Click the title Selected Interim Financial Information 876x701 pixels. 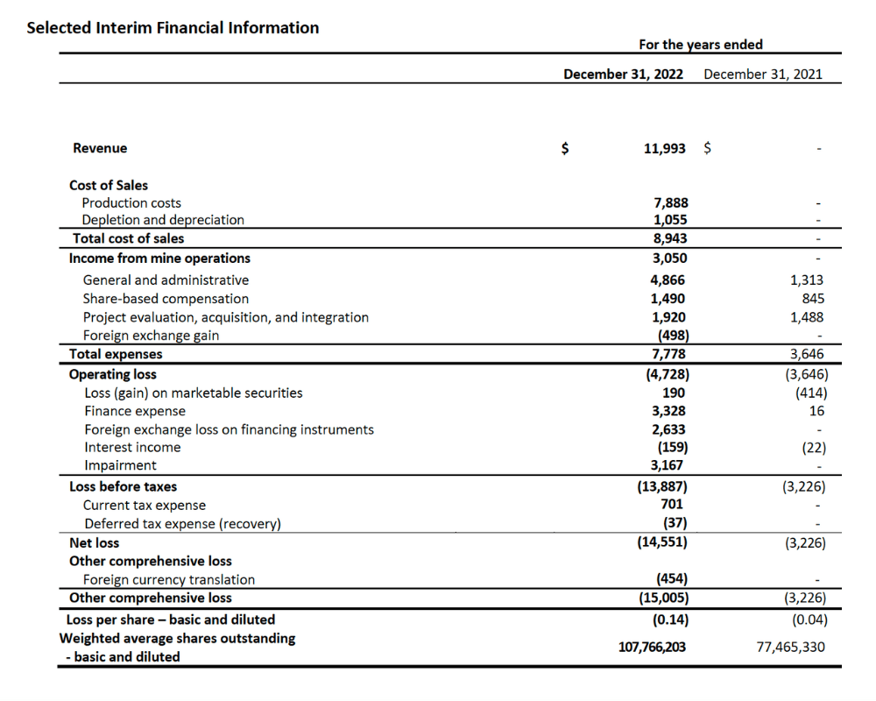tap(173, 28)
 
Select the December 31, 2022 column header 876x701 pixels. tap(623, 74)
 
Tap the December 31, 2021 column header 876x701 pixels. tap(762, 74)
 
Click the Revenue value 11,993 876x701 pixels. tap(665, 148)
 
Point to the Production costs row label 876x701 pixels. tap(131, 202)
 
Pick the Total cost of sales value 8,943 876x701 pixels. tap(670, 238)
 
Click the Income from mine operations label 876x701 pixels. tap(159, 258)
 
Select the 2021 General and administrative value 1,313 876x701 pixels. tap(806, 280)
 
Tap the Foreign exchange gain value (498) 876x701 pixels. tap(672, 335)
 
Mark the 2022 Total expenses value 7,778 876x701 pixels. tap(670, 354)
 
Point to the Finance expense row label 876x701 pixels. tap(135, 411)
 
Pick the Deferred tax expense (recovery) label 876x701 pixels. tap(182, 524)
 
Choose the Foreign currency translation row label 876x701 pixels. tap(169, 579)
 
